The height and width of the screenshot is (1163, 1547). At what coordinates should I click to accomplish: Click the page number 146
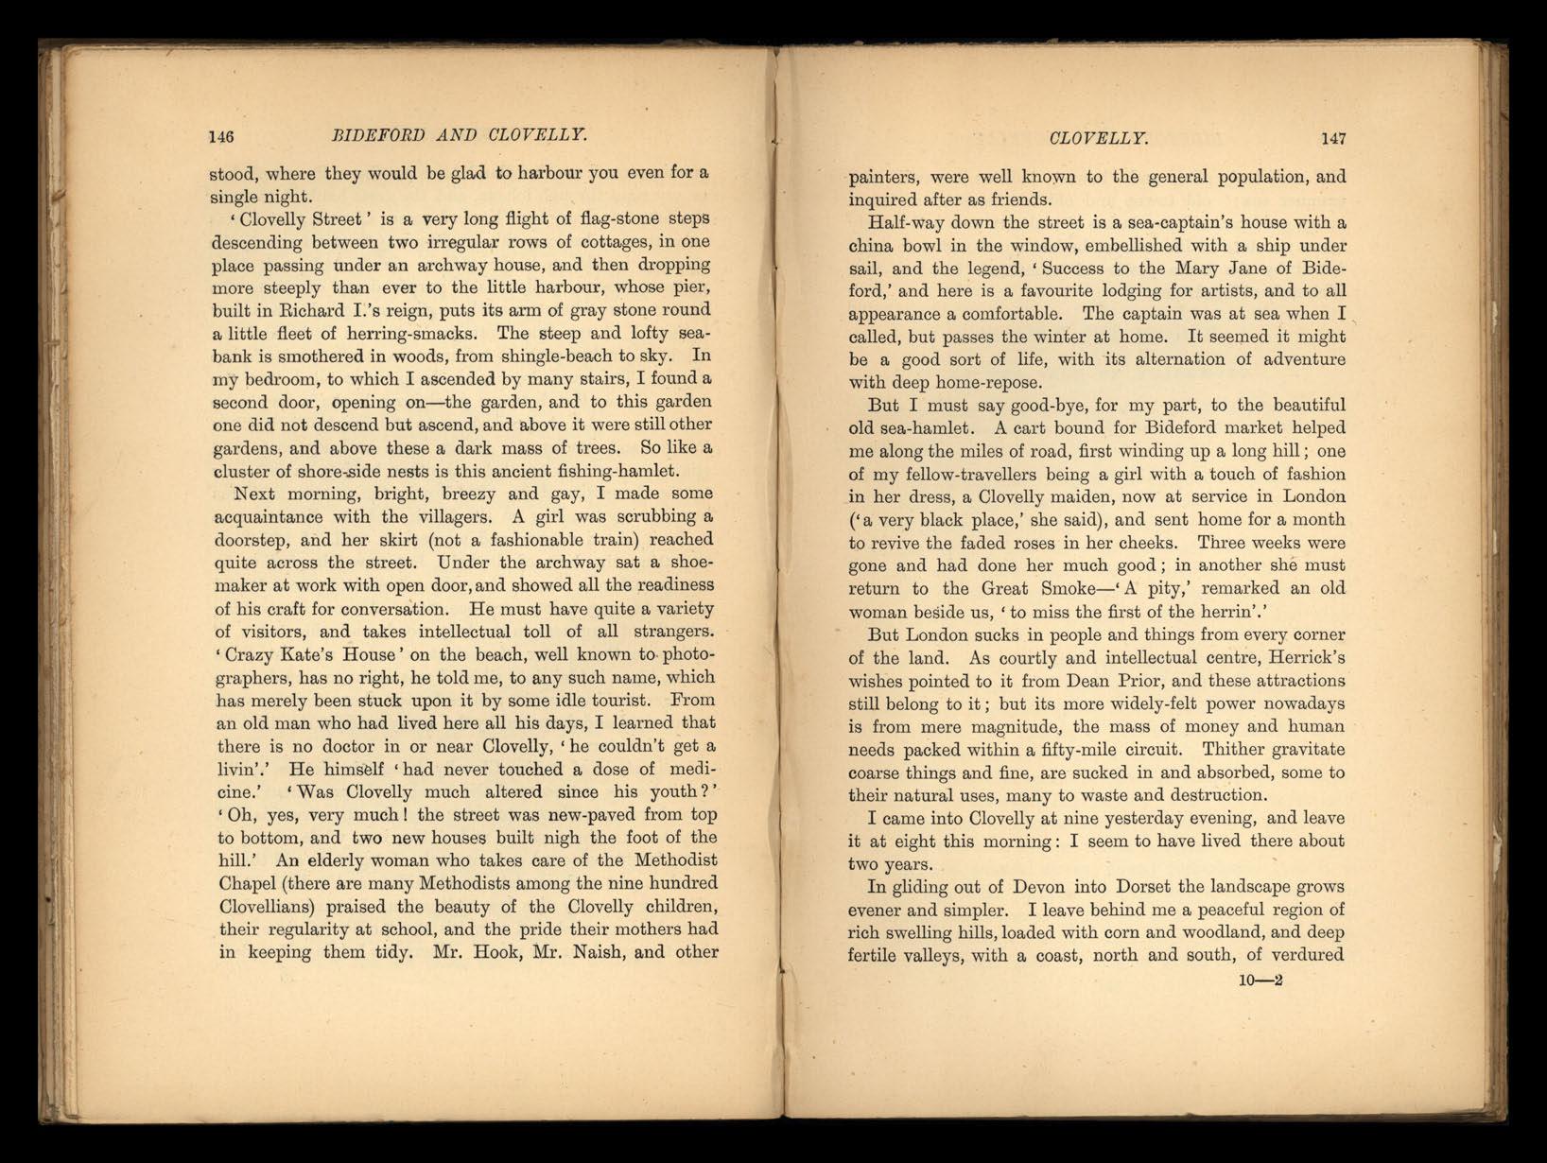[220, 136]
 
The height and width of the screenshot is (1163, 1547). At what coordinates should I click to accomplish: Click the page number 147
[1333, 139]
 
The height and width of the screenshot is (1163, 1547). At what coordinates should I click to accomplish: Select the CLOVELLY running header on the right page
[1099, 139]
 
